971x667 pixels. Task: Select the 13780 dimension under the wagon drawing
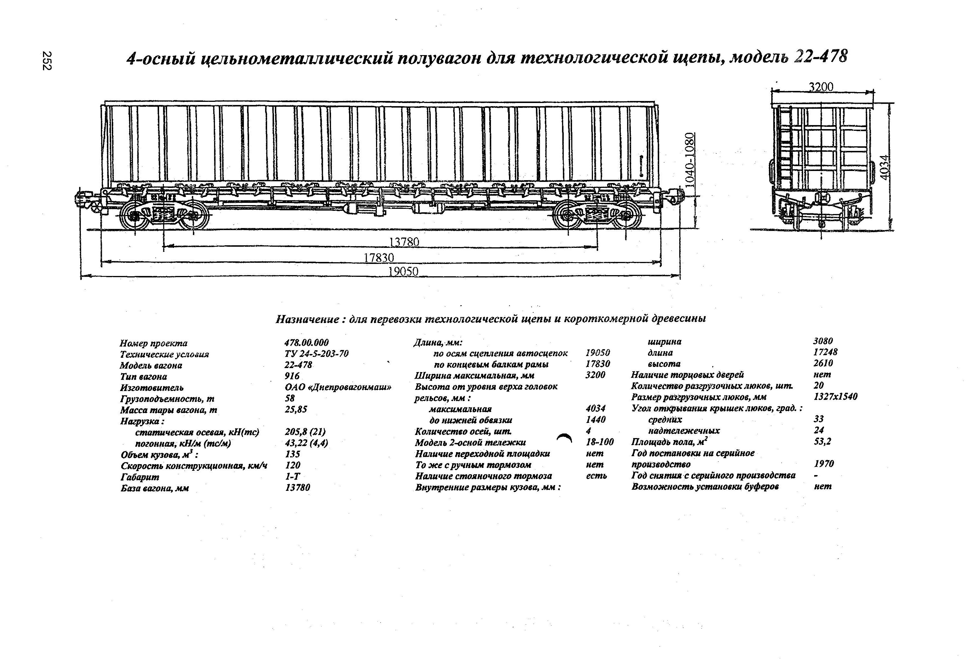404,242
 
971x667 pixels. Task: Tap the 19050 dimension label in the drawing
403,272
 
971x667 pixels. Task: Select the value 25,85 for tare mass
296,409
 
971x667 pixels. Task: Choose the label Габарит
140,477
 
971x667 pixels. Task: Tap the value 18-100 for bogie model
600,442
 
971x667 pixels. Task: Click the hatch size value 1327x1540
835,396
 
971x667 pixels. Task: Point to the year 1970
823,464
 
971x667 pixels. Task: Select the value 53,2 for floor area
822,441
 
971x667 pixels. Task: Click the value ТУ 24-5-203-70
316,354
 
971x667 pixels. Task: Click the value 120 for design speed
292,465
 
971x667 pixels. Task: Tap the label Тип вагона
143,376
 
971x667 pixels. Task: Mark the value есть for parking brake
596,476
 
